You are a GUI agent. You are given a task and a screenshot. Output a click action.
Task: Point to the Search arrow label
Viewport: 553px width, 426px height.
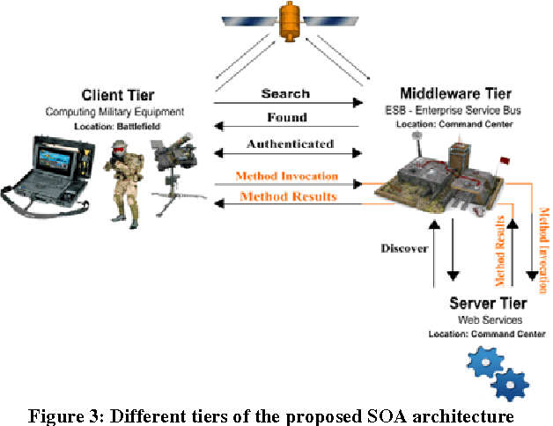point(285,93)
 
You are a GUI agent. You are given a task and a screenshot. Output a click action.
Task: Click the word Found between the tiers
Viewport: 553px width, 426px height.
point(286,117)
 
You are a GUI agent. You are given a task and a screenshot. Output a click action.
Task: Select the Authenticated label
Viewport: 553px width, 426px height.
point(290,143)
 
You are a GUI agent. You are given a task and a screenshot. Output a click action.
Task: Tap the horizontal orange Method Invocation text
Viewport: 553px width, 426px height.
point(287,176)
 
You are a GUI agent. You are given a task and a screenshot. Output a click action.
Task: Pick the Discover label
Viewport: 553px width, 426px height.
point(404,248)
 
